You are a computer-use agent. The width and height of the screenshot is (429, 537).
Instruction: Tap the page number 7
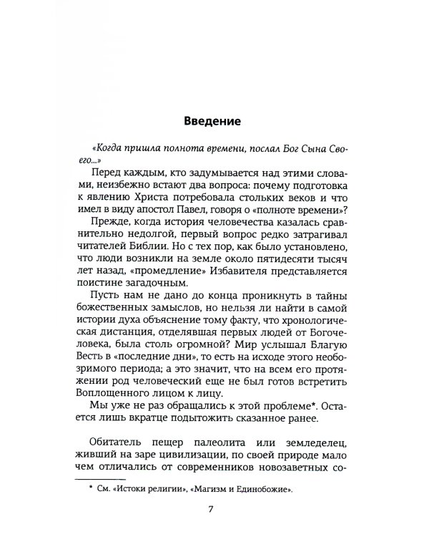209,509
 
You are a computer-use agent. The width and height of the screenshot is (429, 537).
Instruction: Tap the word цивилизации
184,453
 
